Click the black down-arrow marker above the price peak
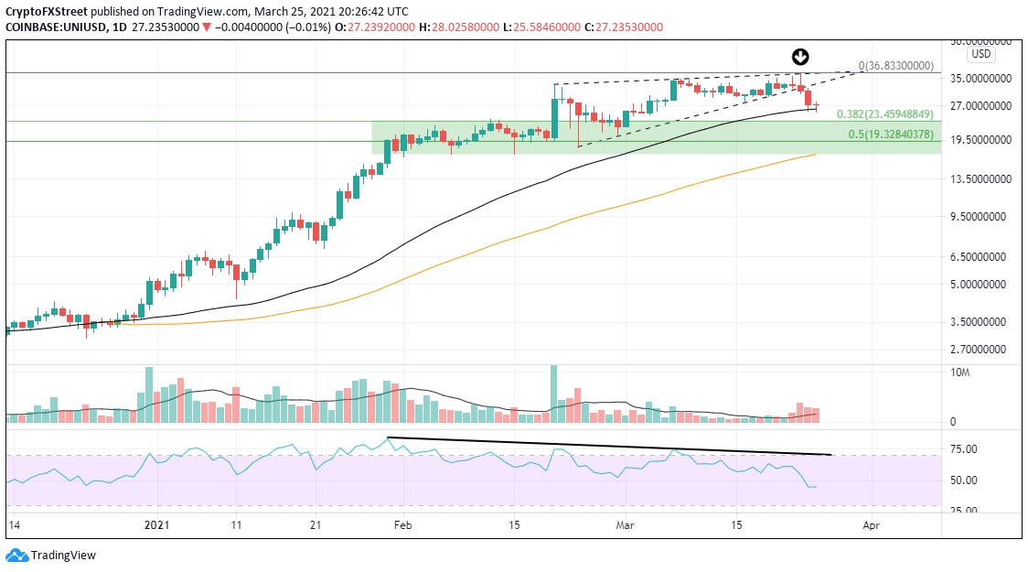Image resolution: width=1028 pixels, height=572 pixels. (x=800, y=56)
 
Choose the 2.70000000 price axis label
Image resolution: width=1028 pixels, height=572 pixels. (x=983, y=350)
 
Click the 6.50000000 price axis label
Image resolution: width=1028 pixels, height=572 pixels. (x=983, y=257)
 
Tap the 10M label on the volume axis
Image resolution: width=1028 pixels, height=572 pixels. (x=960, y=372)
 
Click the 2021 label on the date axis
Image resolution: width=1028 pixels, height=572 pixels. (x=158, y=526)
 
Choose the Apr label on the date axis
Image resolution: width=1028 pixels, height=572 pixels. (x=872, y=526)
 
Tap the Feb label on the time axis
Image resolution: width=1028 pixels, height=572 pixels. (x=402, y=526)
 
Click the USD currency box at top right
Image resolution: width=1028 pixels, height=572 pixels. (x=980, y=54)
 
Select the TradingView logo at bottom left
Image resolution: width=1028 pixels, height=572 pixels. (x=51, y=555)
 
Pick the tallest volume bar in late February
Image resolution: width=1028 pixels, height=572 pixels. (x=554, y=394)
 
